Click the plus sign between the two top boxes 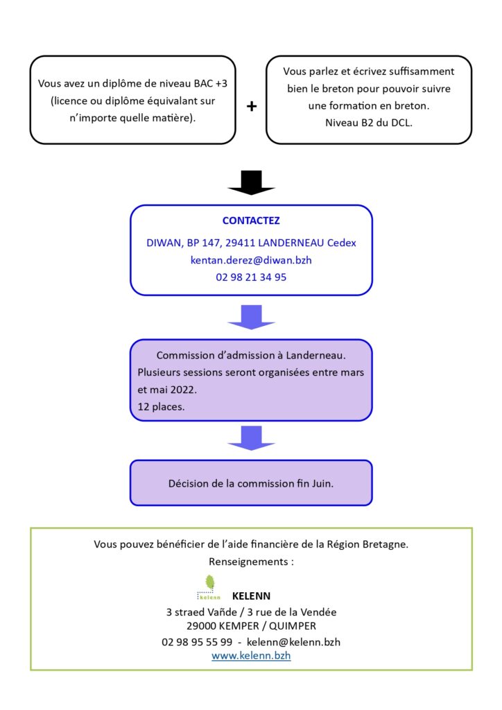[x=251, y=106]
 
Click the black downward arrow [x=251, y=182]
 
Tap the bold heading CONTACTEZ [x=251, y=220]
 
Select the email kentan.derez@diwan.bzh [x=251, y=261]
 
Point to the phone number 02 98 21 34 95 [x=251, y=277]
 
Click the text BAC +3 [x=211, y=83]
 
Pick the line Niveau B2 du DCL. [x=368, y=123]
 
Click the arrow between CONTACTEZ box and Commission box [x=251, y=317]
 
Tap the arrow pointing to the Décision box [x=251, y=438]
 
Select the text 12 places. [x=161, y=406]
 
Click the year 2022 [x=183, y=390]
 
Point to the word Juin [x=322, y=483]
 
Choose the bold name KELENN [x=251, y=596]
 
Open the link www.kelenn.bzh [x=251, y=655]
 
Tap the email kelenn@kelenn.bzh [x=293, y=641]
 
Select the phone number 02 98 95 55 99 [x=197, y=641]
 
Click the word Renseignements [x=248, y=562]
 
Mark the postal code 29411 [x=241, y=243]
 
